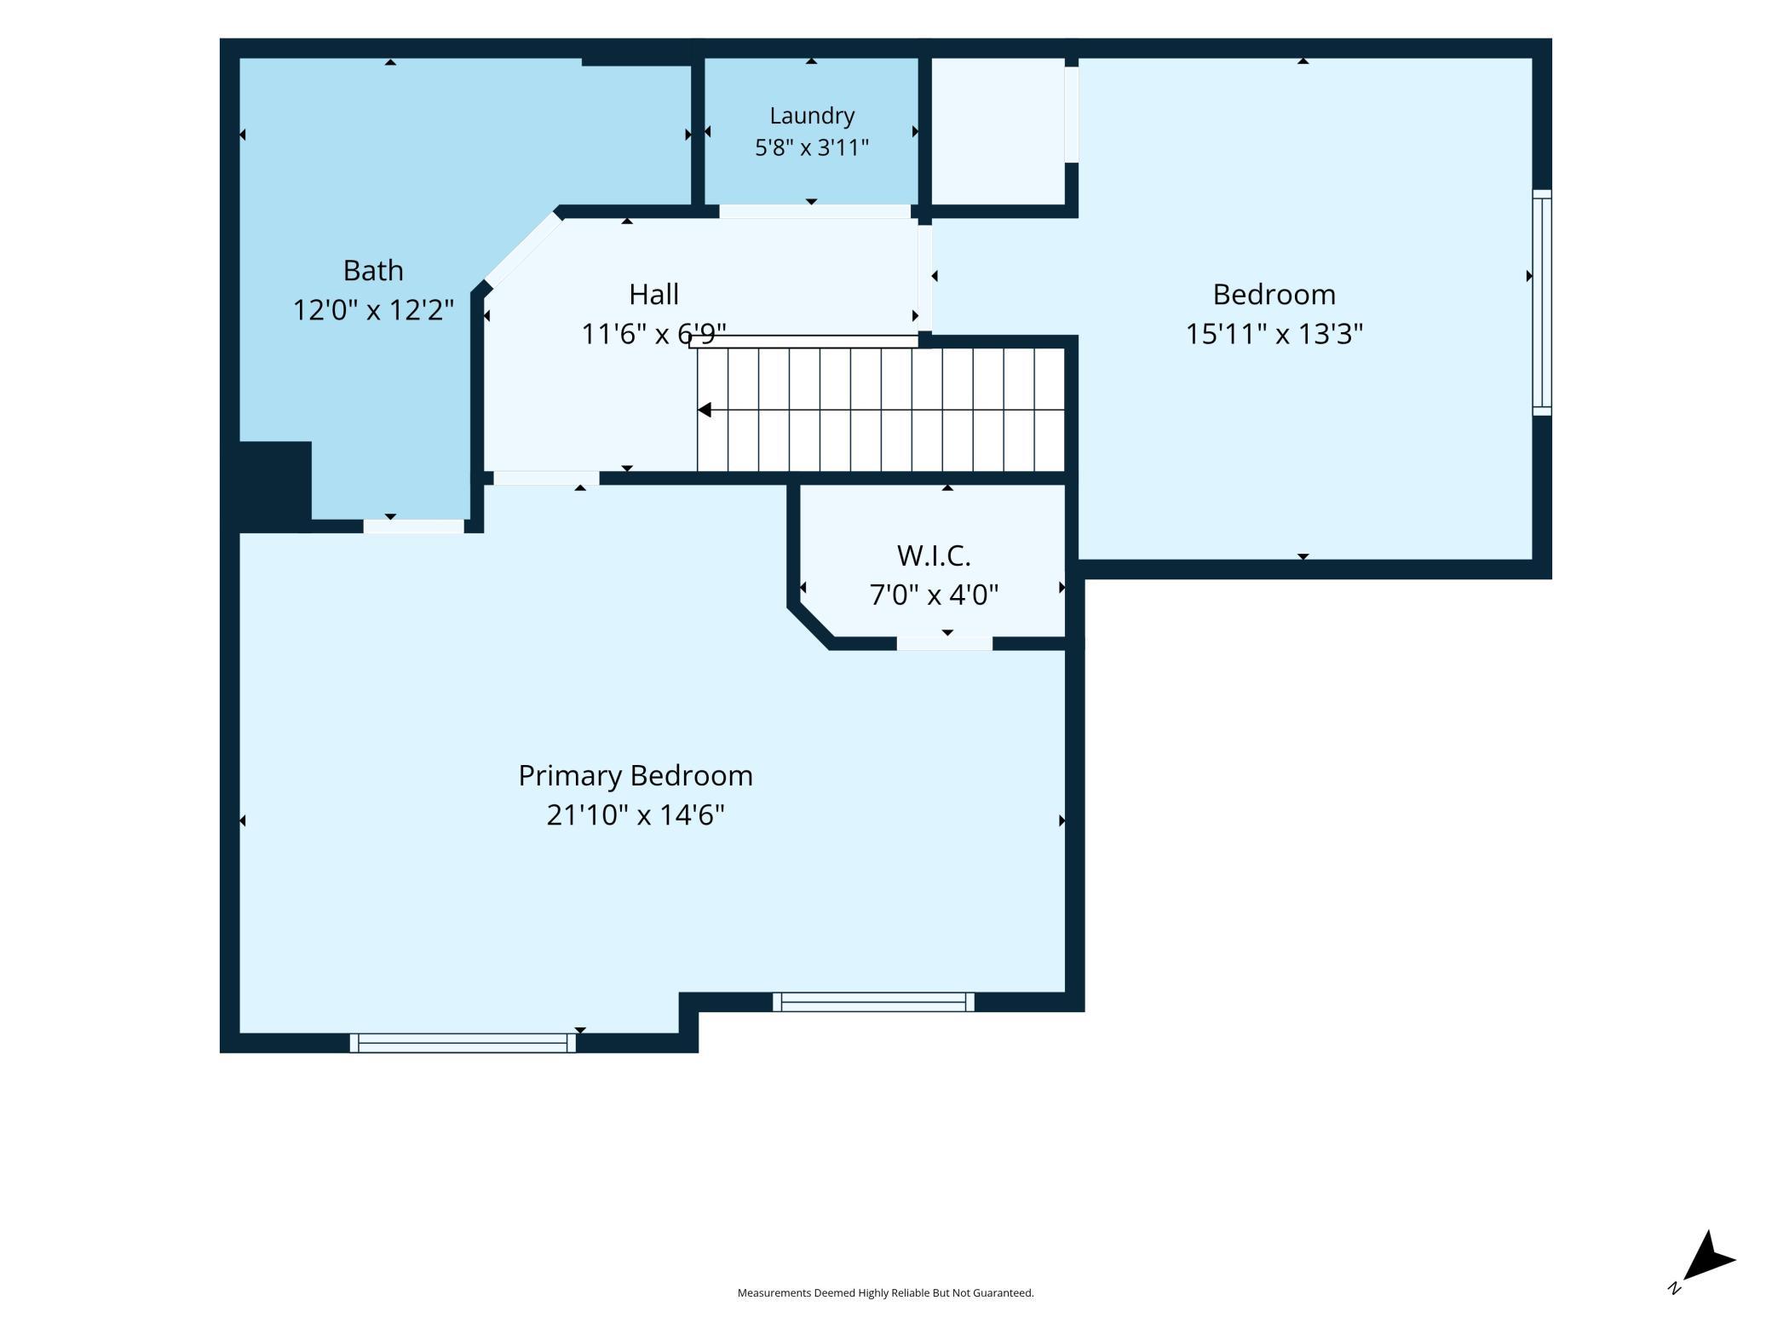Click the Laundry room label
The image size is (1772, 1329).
[811, 116]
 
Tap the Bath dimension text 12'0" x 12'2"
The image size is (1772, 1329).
[373, 309]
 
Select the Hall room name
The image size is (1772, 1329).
[653, 294]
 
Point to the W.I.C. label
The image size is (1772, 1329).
[934, 555]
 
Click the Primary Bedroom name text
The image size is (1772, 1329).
[636, 776]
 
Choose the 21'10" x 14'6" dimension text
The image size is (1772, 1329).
[636, 815]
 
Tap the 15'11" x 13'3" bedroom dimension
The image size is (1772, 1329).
[1274, 333]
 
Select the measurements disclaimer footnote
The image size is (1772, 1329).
[885, 1292]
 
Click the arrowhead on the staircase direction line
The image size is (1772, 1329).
[705, 410]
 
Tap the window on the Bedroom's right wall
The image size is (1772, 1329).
[1542, 302]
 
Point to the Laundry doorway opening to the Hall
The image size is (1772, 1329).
[815, 211]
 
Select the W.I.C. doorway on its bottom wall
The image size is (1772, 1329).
[944, 644]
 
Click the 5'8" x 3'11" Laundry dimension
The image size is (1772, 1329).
[811, 147]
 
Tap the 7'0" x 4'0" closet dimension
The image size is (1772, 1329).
[934, 594]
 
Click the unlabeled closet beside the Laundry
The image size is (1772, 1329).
[998, 131]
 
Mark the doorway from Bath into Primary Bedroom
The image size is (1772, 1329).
[414, 526]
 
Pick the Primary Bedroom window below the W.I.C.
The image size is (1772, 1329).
[873, 1002]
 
